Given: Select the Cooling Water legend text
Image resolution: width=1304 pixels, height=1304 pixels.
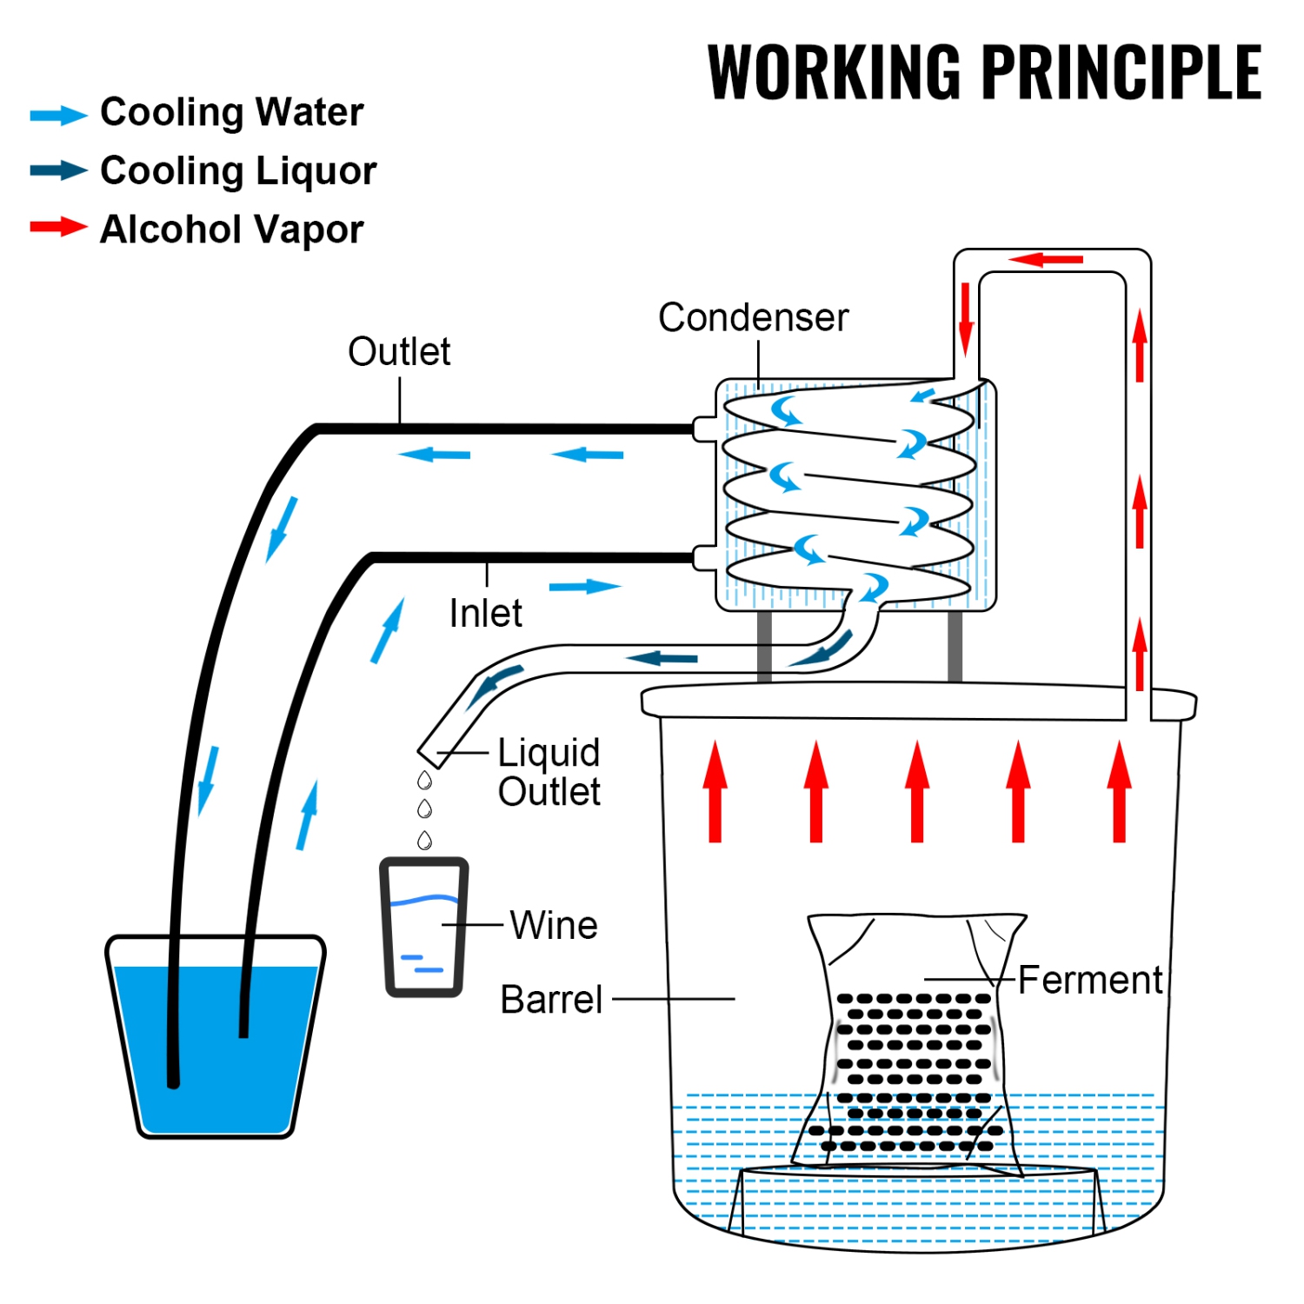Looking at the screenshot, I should (x=231, y=113).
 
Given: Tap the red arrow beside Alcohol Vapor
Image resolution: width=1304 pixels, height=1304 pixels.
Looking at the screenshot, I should (x=58, y=228).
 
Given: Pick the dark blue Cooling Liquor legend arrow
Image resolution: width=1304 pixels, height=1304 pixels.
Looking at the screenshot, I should (x=58, y=170).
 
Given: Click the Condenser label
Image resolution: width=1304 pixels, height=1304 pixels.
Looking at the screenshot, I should (x=753, y=317).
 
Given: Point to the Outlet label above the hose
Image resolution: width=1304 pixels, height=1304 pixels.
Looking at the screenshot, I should (x=399, y=352).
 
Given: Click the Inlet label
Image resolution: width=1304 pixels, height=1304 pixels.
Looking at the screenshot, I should (x=485, y=614).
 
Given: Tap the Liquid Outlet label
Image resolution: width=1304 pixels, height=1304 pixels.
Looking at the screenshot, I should (x=549, y=772).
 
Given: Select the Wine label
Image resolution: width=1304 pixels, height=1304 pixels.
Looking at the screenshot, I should (x=554, y=925).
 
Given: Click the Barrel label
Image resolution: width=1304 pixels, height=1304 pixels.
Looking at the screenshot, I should (x=551, y=1000).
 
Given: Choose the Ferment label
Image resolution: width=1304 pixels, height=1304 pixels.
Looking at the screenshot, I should (x=1090, y=980).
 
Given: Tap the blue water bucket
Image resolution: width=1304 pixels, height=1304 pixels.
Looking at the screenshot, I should (x=215, y=1043).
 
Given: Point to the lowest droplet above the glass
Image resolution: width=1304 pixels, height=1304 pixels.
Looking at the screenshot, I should (x=424, y=840).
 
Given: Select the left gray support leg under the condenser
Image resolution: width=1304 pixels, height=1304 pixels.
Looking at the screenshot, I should (x=764, y=645).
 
